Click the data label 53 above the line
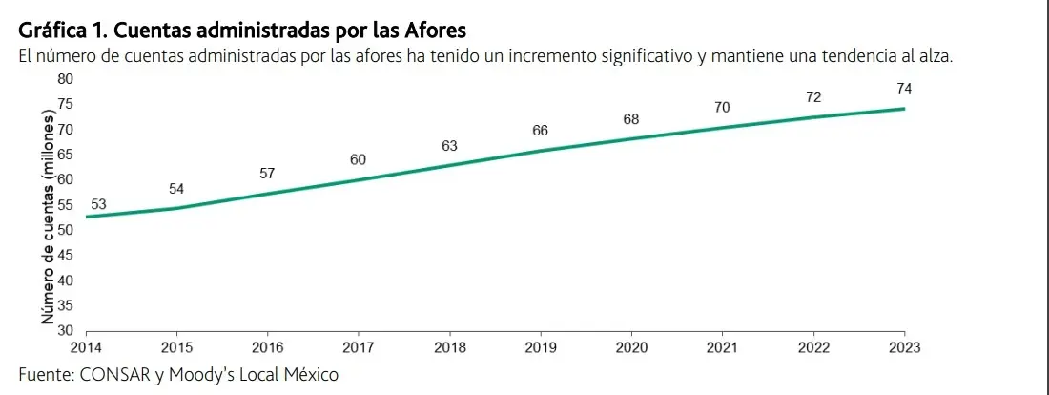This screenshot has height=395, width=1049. coord(98,204)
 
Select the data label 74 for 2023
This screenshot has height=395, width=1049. coord(904,89)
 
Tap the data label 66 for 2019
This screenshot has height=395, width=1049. coord(540,130)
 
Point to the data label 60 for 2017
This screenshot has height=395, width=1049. coord(358,159)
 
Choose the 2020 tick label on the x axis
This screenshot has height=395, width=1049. coord(631,347)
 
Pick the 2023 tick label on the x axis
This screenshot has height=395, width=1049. coord(904,347)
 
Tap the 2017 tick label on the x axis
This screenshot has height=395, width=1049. coord(358,347)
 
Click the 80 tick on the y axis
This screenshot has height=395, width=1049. coord(66,77)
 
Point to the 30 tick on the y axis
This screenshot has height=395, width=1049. coord(66,330)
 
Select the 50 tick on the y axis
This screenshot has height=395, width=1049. coord(66,229)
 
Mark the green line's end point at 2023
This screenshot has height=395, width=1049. coord(903,109)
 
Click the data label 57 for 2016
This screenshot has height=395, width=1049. coord(267,174)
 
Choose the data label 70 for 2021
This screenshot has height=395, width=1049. coord(722,108)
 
